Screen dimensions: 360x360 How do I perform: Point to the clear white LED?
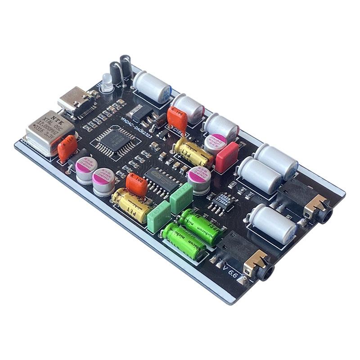tap(106, 83)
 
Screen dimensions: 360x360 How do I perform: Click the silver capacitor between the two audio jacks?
tap(273, 224)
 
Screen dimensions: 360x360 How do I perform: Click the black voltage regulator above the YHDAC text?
tap(137, 109)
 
